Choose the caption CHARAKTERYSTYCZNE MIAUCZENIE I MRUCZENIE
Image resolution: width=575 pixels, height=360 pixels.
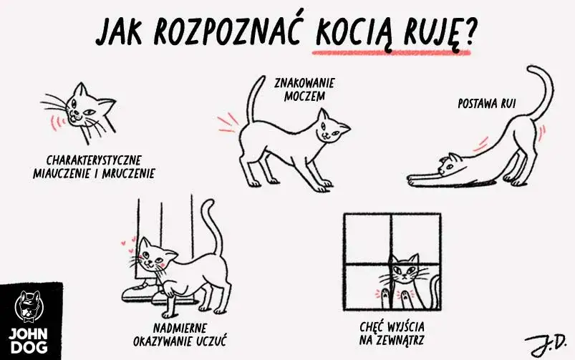94,165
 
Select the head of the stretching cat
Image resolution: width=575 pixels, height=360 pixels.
449,164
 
